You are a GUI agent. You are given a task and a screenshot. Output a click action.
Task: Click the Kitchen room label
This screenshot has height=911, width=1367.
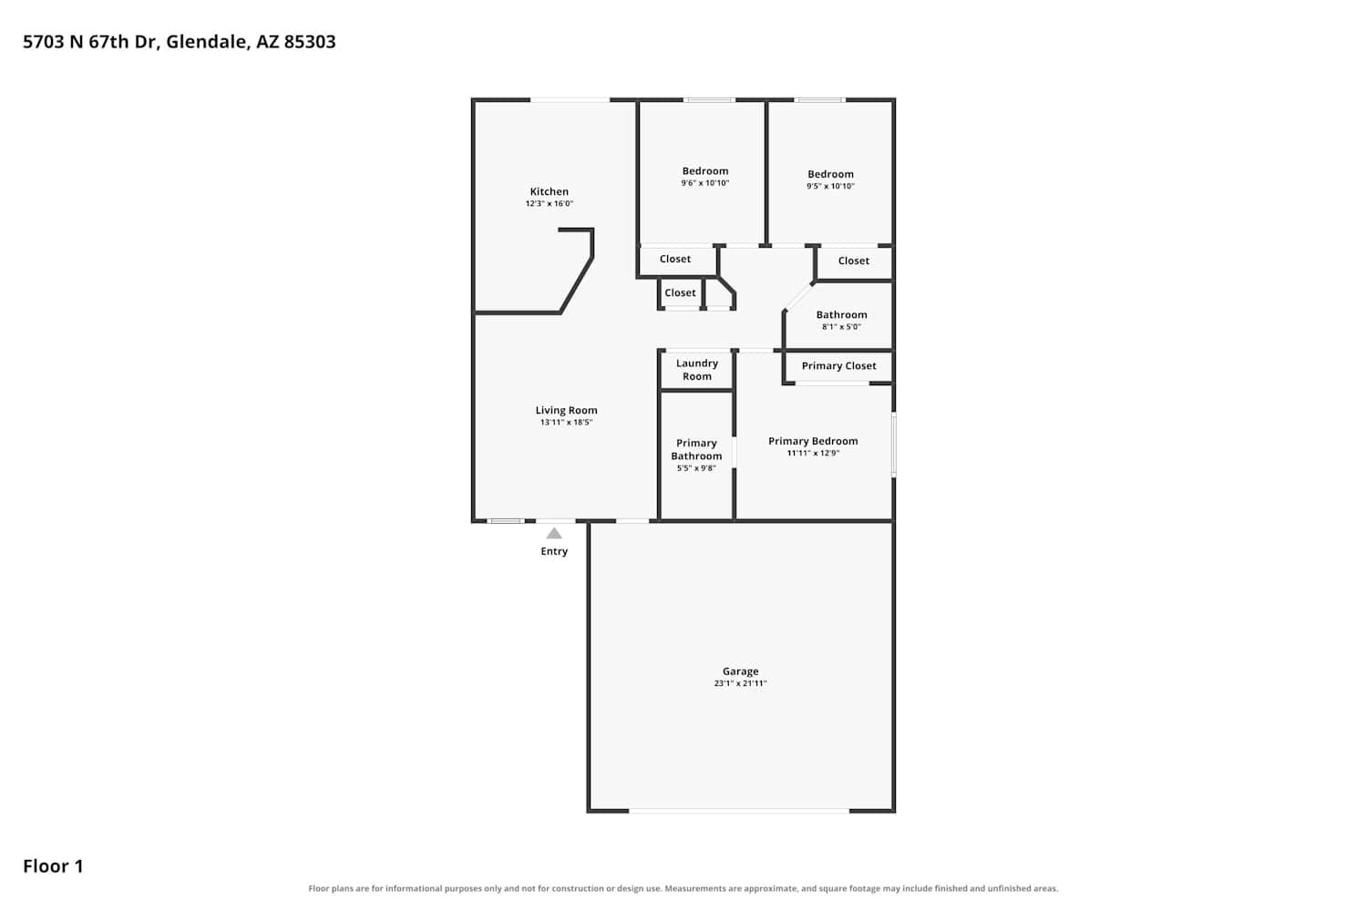(550, 191)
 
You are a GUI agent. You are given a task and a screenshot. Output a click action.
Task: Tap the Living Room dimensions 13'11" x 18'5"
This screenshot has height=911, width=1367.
(566, 422)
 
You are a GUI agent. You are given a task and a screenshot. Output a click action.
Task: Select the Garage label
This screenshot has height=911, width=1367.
(740, 671)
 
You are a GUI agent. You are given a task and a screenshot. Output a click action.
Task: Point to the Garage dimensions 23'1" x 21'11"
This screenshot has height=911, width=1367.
(740, 683)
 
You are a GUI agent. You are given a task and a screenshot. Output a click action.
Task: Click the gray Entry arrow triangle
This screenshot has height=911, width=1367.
(554, 533)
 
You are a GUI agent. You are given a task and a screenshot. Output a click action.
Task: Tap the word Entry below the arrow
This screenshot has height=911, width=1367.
(554, 551)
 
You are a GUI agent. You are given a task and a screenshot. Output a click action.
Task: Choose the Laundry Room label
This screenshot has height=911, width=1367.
(697, 370)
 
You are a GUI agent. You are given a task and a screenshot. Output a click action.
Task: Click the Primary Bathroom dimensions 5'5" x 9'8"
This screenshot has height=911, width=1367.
(696, 468)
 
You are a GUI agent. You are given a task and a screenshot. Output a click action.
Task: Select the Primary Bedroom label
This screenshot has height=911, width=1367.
(813, 441)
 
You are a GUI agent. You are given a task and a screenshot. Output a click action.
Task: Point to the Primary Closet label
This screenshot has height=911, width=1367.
(838, 366)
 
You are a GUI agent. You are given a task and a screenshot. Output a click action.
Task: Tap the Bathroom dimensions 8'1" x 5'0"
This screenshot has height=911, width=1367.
(841, 327)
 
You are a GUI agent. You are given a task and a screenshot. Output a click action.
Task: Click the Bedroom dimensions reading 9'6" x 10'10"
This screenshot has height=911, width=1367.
(704, 183)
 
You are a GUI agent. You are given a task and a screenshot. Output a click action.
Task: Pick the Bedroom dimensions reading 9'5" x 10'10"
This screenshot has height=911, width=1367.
(830, 186)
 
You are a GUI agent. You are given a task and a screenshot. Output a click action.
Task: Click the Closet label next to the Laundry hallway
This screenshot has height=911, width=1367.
(680, 293)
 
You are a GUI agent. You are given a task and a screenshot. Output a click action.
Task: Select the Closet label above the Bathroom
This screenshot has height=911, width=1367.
(853, 261)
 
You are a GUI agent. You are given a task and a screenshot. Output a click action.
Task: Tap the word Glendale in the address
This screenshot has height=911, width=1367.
(208, 42)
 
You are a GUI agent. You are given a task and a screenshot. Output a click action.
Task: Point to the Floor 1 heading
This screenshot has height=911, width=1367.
(53, 866)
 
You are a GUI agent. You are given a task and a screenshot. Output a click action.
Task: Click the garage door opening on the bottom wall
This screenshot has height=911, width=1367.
(739, 811)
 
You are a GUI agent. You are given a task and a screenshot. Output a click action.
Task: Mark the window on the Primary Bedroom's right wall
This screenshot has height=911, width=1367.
(894, 445)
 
